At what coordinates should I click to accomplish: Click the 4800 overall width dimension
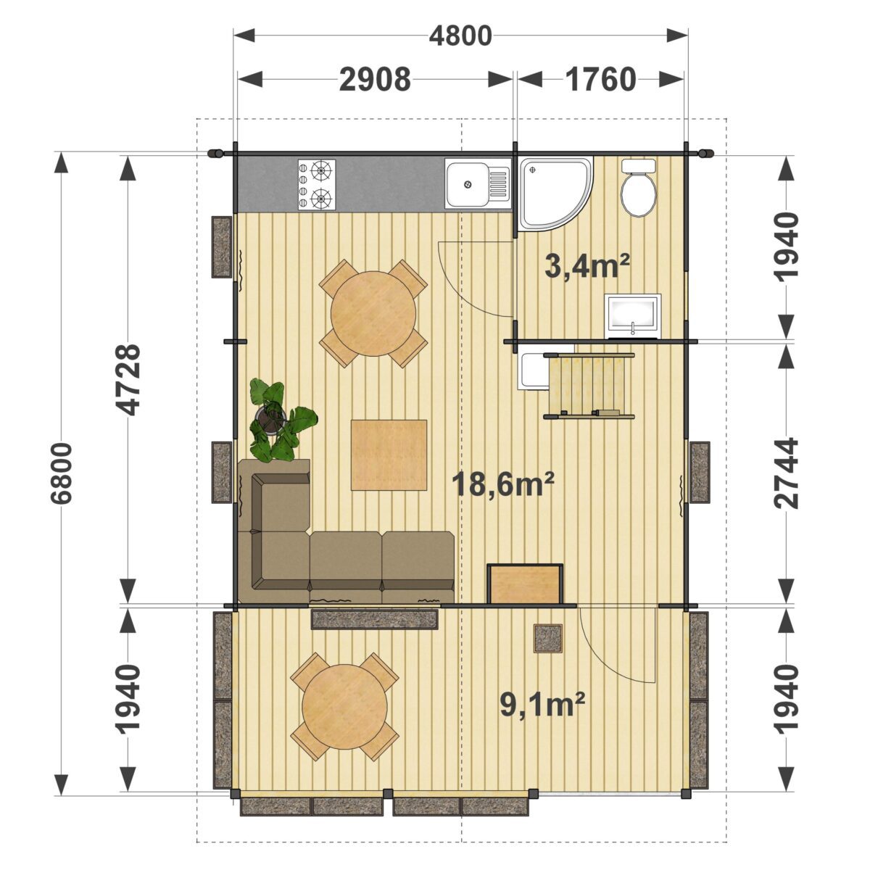460,36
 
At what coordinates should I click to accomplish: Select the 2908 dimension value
375,80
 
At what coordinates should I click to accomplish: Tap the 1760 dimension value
600,80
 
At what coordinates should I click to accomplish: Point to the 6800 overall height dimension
62,473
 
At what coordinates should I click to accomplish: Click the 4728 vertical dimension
128,380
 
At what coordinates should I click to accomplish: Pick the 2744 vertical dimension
786,473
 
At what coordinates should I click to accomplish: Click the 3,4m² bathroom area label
587,266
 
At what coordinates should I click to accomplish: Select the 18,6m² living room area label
503,482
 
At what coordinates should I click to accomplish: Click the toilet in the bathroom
639,188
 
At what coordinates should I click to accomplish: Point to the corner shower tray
555,194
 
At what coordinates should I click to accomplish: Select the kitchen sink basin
468,183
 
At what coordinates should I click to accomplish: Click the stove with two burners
317,185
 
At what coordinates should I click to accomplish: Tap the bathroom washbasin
633,315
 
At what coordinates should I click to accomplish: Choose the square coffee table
389,455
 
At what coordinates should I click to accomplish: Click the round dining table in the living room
373,313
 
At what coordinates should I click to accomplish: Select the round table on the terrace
344,707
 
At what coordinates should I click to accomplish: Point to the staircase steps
589,386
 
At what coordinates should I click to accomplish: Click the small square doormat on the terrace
548,639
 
